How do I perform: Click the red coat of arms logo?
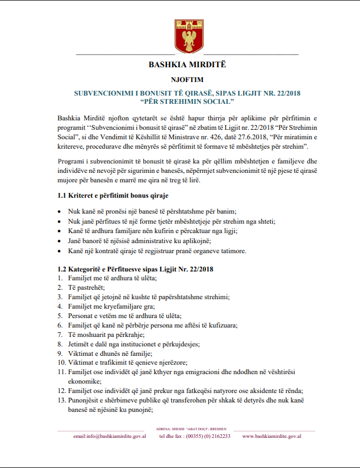tap(180, 36)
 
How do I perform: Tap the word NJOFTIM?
tap(180, 80)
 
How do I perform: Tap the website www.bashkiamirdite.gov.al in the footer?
tap(272, 436)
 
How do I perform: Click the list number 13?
tap(61, 400)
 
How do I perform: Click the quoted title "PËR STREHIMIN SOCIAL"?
tap(180, 102)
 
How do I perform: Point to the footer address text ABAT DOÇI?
tap(188, 429)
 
